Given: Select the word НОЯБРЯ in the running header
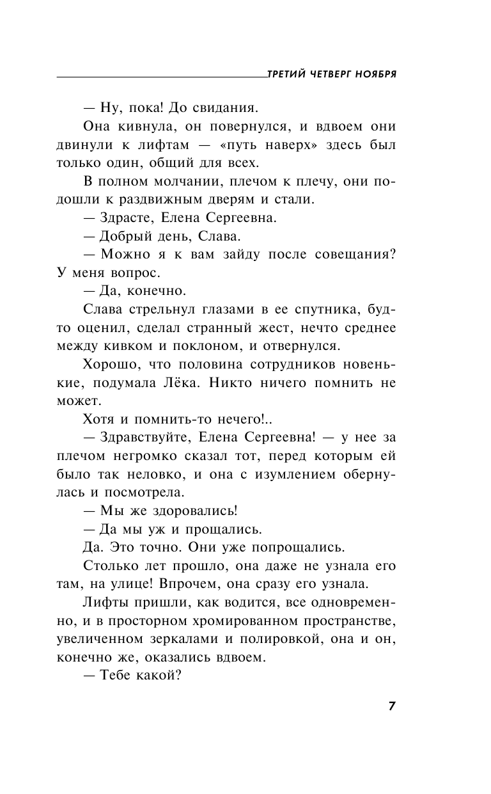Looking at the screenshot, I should [x=373, y=74].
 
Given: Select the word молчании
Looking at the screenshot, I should [x=179, y=181].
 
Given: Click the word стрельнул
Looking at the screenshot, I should [x=171, y=310].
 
